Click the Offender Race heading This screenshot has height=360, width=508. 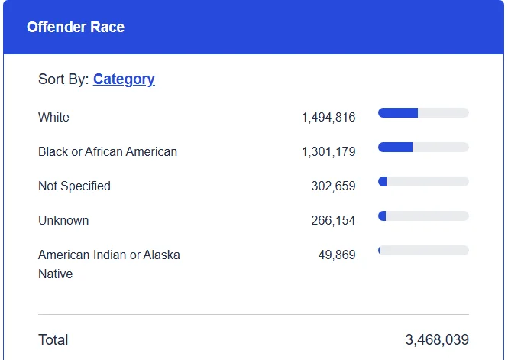pos(76,27)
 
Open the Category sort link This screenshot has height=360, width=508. pos(124,79)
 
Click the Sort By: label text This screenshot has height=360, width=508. pos(64,79)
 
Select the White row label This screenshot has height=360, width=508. pos(53,117)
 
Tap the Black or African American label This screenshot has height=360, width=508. pos(108,151)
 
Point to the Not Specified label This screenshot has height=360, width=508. pos(74,186)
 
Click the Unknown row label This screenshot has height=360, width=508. pos(63,220)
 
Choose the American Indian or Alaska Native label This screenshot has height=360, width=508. pos(109,264)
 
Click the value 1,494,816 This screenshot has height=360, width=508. pos(328,117)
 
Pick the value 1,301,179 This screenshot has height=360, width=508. pos(328,151)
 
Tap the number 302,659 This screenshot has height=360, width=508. pos(333,186)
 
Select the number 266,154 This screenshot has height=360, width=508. pos(333,220)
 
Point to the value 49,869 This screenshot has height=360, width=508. pos(337,255)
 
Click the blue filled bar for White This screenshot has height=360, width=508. pos(398,113)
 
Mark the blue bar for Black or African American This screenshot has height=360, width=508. pos(395,147)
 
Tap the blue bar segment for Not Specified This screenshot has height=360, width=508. pos(382,181)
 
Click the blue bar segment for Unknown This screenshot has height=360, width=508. pos(382,216)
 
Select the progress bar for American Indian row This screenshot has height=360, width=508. pos(423,250)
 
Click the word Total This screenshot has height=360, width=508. pos(53,340)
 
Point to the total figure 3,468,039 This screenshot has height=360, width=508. pos(437,340)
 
